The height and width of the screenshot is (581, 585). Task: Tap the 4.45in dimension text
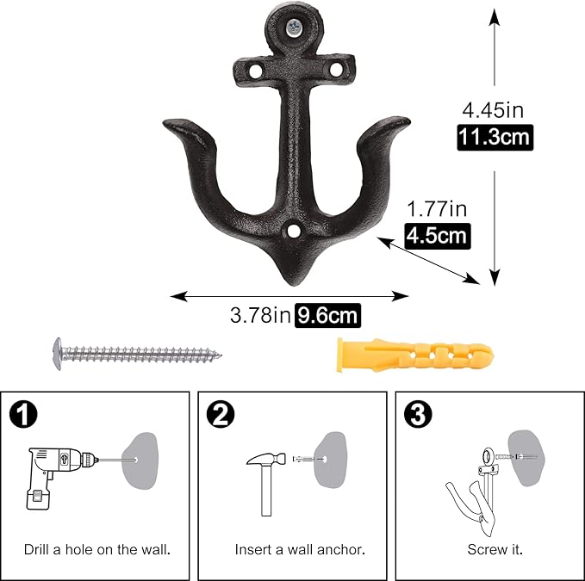coord(493,110)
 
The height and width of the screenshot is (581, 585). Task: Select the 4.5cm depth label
coord(438,234)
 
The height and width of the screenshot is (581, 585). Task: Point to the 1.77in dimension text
coord(437,208)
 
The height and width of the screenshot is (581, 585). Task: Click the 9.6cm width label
coord(327,316)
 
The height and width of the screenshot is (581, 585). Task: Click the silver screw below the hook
coord(134,351)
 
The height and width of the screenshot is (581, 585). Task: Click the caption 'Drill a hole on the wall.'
coord(96,548)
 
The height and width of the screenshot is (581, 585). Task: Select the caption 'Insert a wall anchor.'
coord(299,548)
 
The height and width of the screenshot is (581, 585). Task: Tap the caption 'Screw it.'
coord(495,548)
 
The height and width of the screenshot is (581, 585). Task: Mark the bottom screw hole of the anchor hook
coord(295,232)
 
